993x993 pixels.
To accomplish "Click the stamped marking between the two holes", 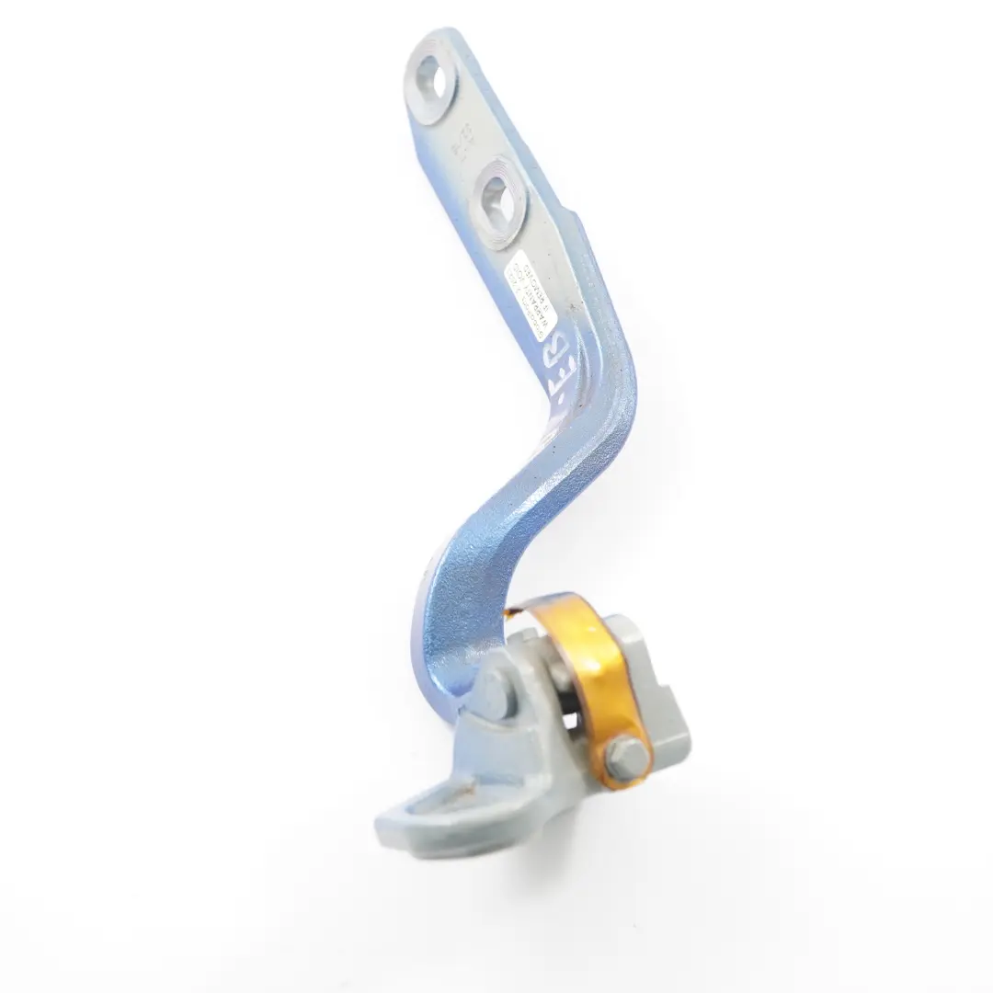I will [463, 141].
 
